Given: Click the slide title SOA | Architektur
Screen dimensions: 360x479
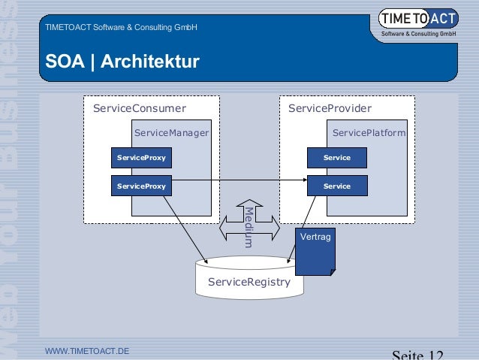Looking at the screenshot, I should [x=122, y=60].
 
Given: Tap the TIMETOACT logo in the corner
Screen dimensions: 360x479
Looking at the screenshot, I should [x=418, y=23].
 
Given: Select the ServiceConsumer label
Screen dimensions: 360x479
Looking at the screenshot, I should [x=139, y=109].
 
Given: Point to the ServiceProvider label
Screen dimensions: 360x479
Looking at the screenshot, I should [x=330, y=109].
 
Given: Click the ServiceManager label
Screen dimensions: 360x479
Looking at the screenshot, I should [x=171, y=133].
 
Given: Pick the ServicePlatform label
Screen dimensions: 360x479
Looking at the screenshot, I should [x=369, y=133].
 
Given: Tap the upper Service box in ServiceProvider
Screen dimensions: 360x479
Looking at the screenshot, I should [x=336, y=158].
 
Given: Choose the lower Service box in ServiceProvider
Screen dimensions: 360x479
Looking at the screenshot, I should [x=336, y=186].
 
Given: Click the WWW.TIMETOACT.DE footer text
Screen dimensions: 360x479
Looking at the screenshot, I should [x=87, y=351].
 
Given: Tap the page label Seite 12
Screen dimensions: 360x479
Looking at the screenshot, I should [x=418, y=354].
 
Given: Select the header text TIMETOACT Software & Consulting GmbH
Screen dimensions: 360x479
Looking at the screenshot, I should [x=121, y=28].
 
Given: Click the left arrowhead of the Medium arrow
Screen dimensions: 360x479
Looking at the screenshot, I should [x=223, y=226].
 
